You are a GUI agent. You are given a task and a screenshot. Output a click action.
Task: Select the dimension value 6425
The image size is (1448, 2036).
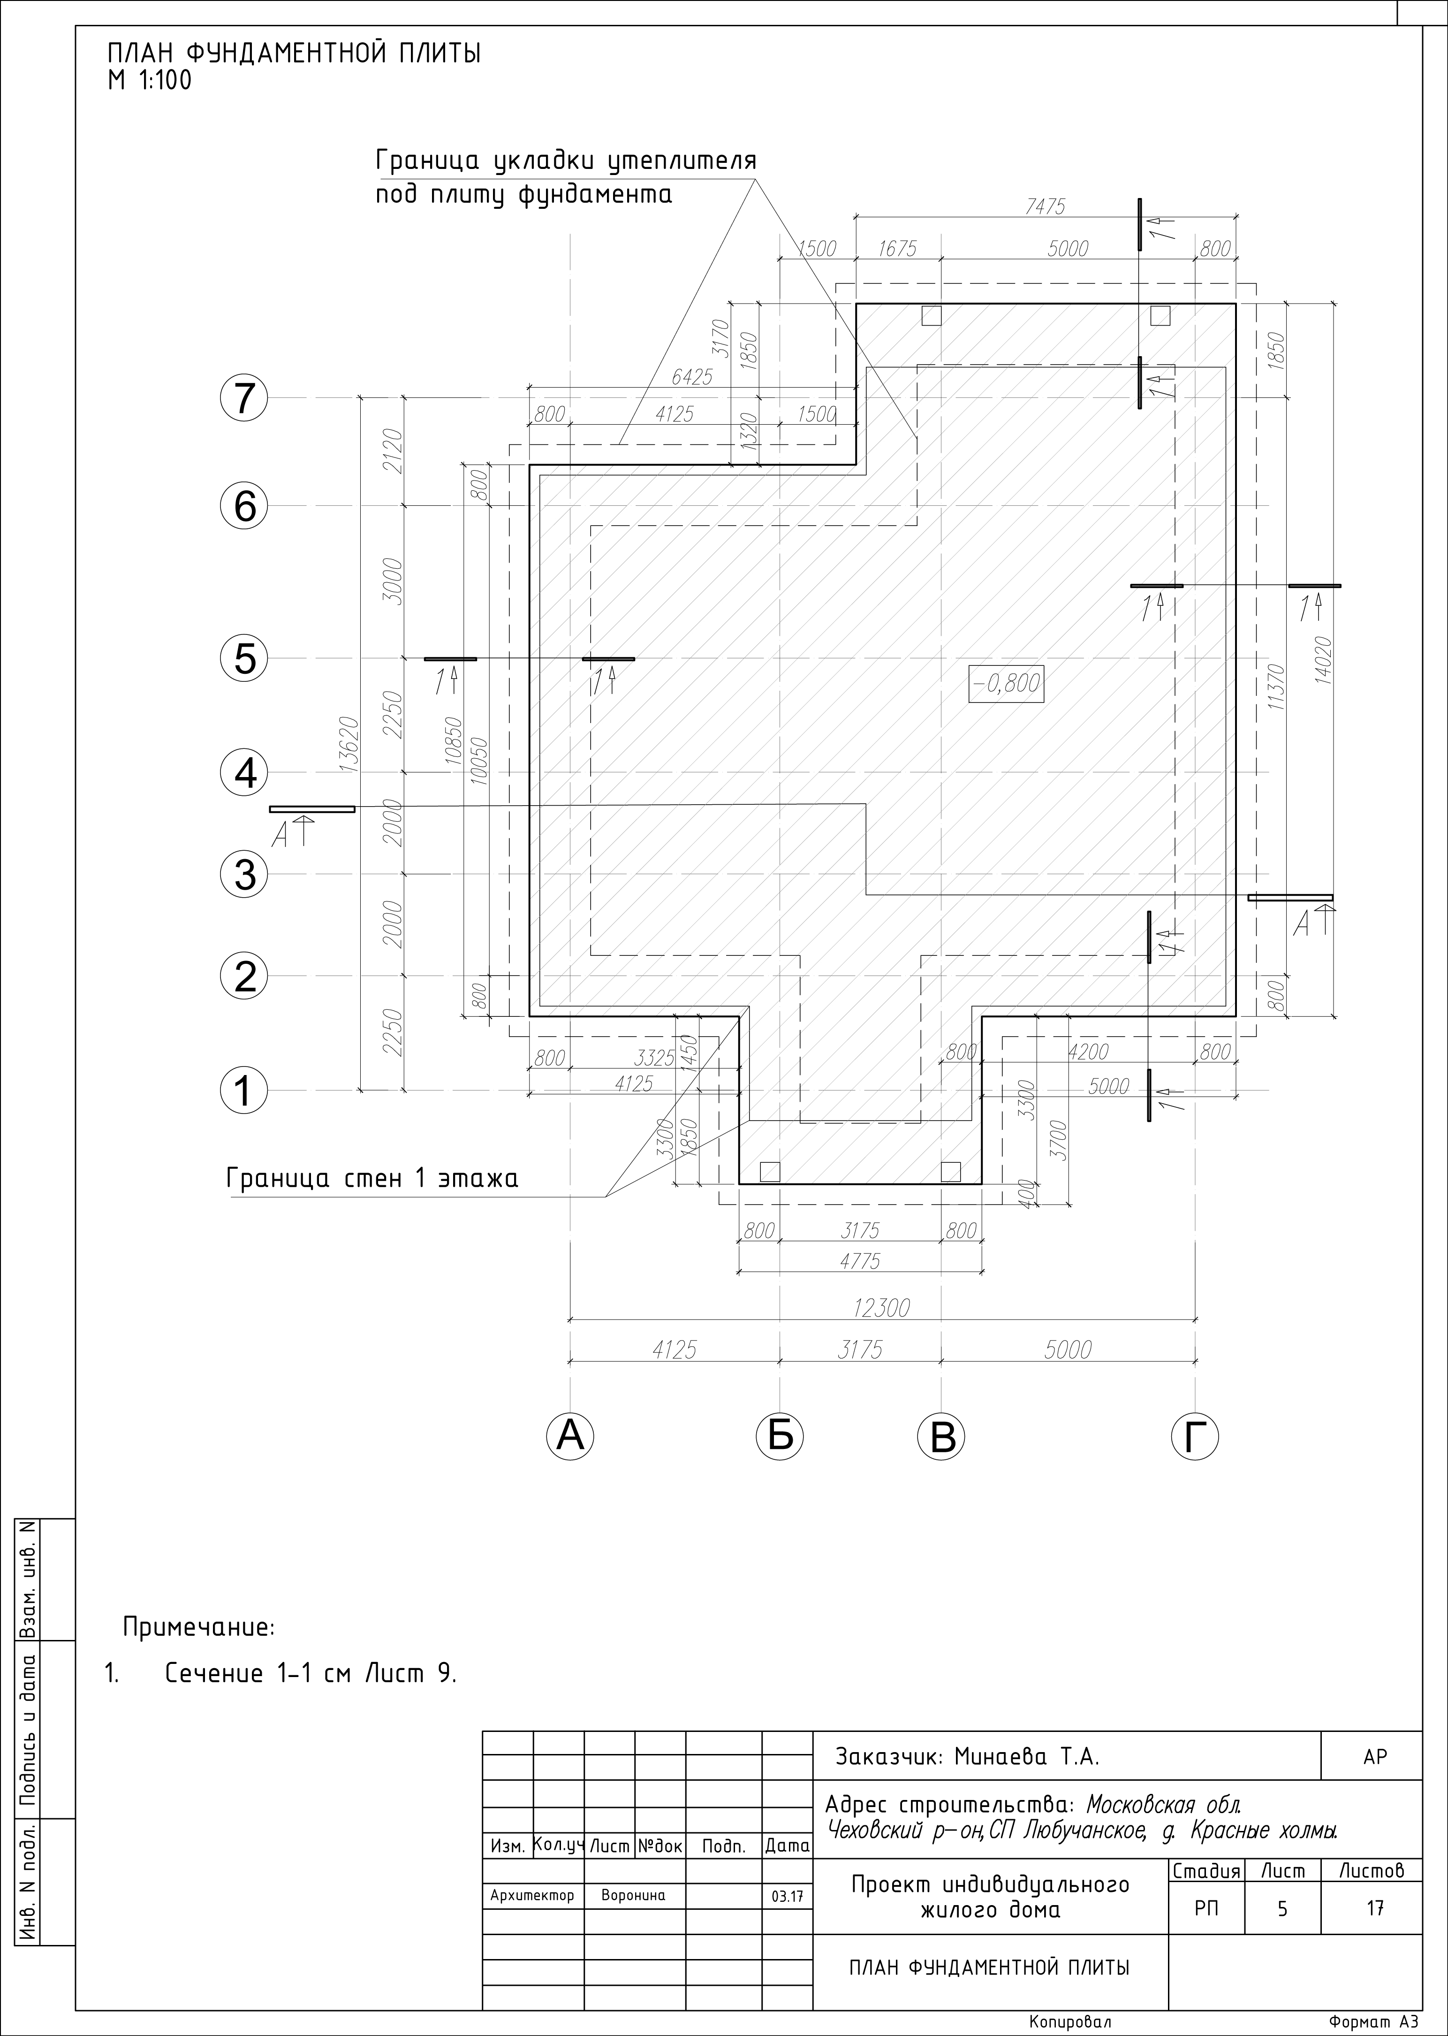coord(692,377)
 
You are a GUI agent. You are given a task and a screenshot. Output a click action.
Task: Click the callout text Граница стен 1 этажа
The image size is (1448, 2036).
coord(373,1179)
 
